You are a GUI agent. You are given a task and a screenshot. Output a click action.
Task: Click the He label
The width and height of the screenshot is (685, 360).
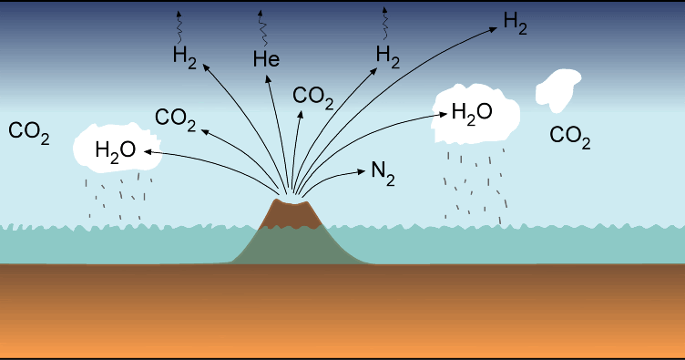point(266,60)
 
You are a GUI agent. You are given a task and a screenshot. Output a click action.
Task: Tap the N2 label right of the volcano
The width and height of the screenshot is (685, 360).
point(383,172)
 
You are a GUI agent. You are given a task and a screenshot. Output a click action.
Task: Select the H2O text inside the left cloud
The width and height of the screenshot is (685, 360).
point(115,149)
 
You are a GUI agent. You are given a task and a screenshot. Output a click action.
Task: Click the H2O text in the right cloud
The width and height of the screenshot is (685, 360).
point(472,113)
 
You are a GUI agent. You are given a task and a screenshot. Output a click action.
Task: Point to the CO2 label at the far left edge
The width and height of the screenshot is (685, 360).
point(28,131)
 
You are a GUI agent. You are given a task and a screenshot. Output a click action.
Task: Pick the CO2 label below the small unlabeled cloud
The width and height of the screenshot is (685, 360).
point(570,137)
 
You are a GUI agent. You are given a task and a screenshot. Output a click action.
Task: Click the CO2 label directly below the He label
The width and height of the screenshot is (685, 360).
point(312,96)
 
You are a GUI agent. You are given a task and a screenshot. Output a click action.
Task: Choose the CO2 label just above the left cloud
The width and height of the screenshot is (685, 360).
point(176,118)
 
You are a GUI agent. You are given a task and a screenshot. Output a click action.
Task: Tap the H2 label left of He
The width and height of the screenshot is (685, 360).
point(185,56)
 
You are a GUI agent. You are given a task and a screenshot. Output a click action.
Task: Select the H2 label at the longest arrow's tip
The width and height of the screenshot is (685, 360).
point(516,24)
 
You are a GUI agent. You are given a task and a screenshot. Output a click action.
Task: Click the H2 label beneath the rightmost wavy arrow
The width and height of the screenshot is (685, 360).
point(388,57)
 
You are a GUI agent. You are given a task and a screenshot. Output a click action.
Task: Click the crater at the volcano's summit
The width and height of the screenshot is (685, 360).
point(291,201)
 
